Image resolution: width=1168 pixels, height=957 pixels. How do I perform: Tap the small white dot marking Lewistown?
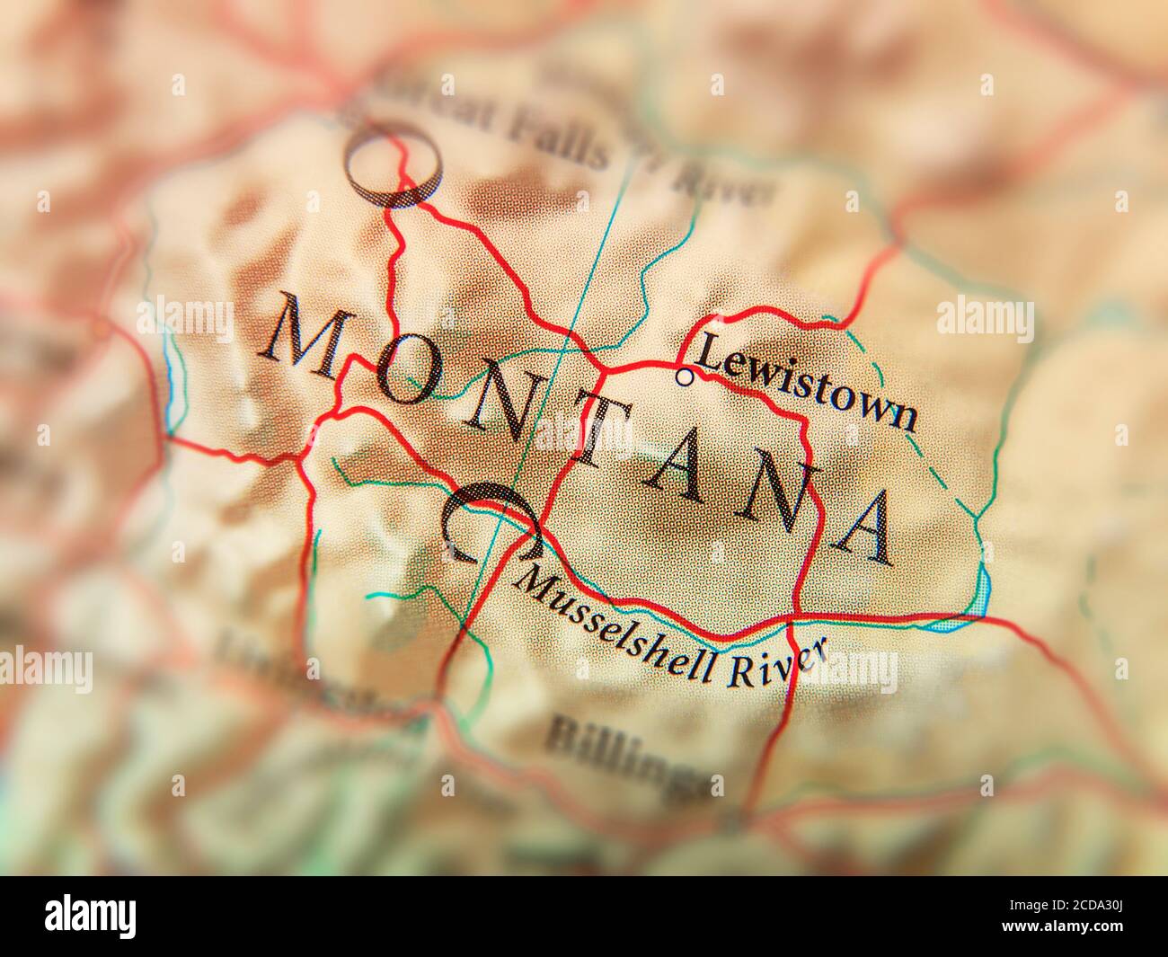(685, 377)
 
